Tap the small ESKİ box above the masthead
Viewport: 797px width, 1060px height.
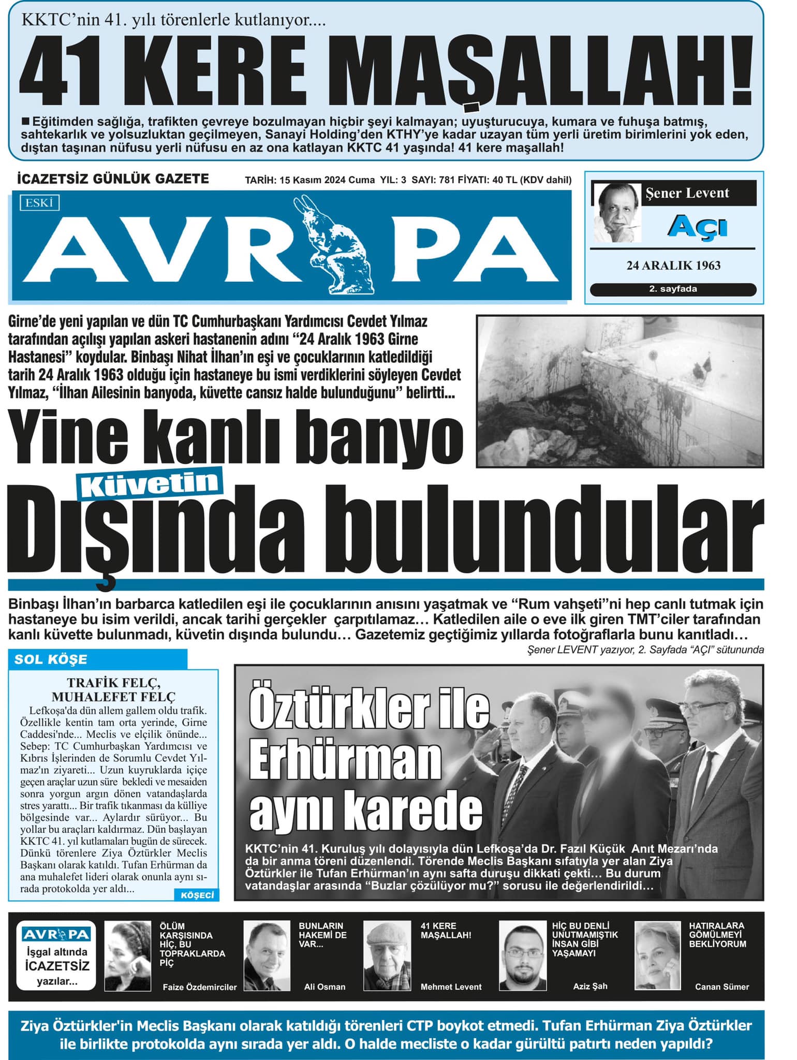(40, 203)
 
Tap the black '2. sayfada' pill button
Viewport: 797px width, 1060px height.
(673, 289)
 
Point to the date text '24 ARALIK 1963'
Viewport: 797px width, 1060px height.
(673, 266)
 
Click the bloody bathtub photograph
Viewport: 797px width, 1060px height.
(619, 391)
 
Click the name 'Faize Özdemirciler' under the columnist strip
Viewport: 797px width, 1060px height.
(199, 987)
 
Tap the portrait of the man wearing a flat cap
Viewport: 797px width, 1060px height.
(387, 955)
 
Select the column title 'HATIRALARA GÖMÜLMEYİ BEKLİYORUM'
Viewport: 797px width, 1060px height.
(717, 934)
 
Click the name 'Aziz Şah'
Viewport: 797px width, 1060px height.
(590, 986)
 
